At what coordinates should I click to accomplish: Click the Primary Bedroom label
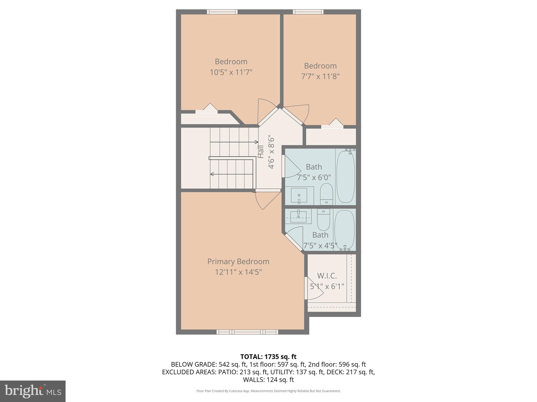pyautogui.click(x=238, y=261)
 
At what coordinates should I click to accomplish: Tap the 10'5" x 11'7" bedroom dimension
pyautogui.click(x=231, y=72)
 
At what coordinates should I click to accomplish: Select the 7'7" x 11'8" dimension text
pyautogui.click(x=320, y=76)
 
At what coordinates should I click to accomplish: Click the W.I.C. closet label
pyautogui.click(x=327, y=276)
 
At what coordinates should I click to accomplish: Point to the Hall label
pyautogui.click(x=261, y=152)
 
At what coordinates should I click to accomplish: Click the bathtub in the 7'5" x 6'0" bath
pyautogui.click(x=345, y=176)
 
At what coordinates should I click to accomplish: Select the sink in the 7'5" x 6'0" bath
pyautogui.click(x=299, y=196)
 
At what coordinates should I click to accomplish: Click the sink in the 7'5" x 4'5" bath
pyautogui.click(x=298, y=216)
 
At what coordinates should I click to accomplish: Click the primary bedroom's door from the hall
pyautogui.click(x=267, y=200)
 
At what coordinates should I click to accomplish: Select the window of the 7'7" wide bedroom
pyautogui.click(x=308, y=12)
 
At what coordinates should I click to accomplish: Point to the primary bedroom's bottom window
pyautogui.click(x=247, y=332)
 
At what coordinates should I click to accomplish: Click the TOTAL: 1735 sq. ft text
pyautogui.click(x=268, y=356)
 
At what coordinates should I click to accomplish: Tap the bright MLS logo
pyautogui.click(x=33, y=391)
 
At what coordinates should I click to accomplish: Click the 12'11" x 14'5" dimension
pyautogui.click(x=238, y=272)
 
